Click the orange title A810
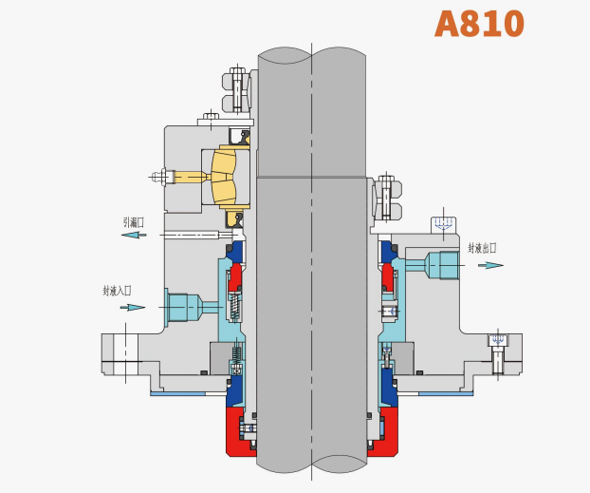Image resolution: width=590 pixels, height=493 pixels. (479, 24)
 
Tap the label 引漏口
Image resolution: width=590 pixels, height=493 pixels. (134, 222)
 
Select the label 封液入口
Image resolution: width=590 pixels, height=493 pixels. (118, 291)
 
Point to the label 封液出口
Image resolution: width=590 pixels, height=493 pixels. (482, 248)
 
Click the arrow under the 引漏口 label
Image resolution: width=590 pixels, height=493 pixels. (134, 235)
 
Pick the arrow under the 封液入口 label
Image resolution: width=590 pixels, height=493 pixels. (133, 307)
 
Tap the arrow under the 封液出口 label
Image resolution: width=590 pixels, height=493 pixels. (489, 265)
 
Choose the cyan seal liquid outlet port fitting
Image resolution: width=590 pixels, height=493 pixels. (442, 264)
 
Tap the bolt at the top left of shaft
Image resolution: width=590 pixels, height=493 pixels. (238, 90)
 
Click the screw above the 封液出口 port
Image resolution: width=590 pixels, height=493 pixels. (443, 225)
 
